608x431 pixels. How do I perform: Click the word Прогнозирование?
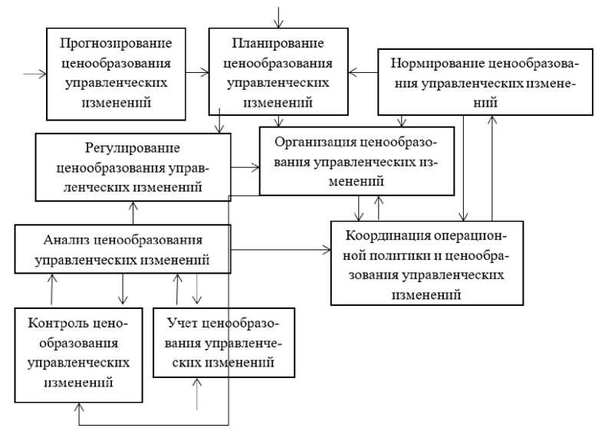(116, 43)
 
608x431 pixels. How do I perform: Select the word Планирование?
(278, 43)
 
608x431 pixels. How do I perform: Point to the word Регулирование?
(132, 148)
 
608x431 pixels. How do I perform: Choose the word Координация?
(387, 235)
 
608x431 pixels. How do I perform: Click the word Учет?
(182, 323)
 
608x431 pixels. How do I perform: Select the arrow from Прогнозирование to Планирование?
(197, 72)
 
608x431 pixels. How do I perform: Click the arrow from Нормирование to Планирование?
(363, 73)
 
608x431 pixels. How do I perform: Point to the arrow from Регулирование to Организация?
(245, 168)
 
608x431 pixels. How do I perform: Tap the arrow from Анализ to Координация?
(281, 250)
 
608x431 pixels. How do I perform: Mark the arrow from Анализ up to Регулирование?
(133, 212)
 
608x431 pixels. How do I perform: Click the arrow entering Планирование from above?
(278, 18)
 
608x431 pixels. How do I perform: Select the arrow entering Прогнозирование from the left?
(35, 74)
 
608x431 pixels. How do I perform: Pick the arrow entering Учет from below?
(197, 393)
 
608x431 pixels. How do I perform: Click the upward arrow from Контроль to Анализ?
(51, 289)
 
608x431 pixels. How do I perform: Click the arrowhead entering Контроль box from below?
(79, 407)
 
